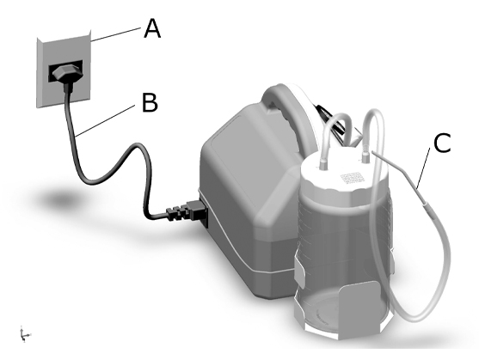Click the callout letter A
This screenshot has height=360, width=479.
click(x=152, y=28)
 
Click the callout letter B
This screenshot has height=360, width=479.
click(x=150, y=102)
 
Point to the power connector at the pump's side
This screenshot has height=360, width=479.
click(x=187, y=211)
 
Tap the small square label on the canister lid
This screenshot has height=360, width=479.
click(x=352, y=178)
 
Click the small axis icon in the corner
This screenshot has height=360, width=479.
click(x=24, y=334)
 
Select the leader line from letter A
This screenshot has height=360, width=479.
click(x=116, y=34)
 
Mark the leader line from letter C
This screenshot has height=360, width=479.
click(x=424, y=168)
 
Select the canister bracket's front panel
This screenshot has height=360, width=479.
click(x=359, y=309)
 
